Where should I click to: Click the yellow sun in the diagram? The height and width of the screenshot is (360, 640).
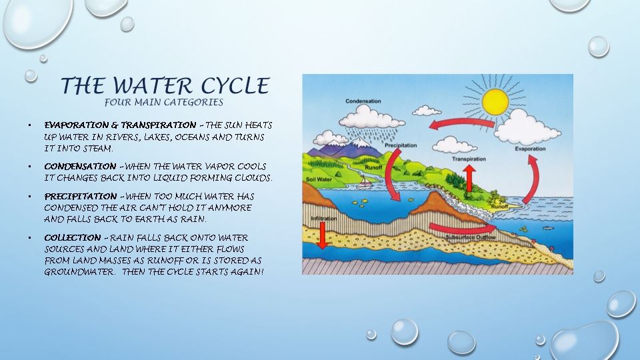click(x=495, y=101)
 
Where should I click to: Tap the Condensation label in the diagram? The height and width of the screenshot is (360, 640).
click(x=363, y=101)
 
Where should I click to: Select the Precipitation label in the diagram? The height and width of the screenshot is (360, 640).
click(x=401, y=145)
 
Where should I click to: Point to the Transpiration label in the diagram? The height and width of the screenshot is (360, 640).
click(x=469, y=159)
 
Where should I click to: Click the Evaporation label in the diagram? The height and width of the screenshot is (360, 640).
click(x=530, y=149)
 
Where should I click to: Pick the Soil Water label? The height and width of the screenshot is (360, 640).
click(x=319, y=179)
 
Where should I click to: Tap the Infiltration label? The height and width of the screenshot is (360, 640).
click(x=324, y=219)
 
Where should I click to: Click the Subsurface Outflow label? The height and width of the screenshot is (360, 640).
click(x=470, y=237)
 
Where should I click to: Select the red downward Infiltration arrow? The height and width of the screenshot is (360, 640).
click(x=323, y=235)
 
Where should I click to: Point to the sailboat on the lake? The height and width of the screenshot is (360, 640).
click(x=364, y=181)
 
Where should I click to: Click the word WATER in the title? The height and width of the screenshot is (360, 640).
click(x=152, y=86)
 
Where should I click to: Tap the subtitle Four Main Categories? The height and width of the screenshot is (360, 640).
click(x=164, y=102)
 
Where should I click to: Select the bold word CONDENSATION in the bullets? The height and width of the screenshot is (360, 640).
click(x=81, y=167)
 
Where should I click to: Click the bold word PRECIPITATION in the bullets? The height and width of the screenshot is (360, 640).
click(x=81, y=196)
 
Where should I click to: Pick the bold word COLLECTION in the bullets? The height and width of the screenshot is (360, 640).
click(x=73, y=237)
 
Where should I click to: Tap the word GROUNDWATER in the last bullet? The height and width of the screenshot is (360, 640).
click(x=79, y=272)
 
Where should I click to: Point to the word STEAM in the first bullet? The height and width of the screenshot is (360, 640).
click(x=98, y=149)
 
